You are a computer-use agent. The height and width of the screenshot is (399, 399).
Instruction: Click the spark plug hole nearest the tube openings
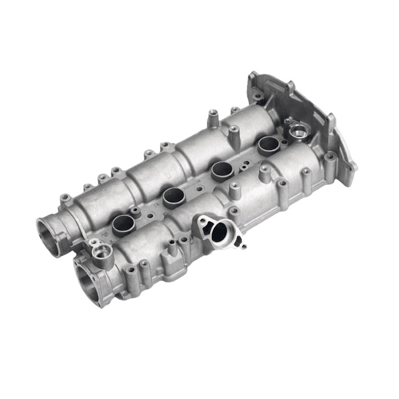[x=123, y=225]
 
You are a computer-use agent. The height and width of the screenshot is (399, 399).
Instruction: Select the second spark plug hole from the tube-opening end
[x=173, y=197]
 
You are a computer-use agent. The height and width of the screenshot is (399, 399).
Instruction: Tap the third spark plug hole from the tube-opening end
[x=221, y=169]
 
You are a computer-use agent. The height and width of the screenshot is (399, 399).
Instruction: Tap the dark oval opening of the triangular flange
[x=219, y=231]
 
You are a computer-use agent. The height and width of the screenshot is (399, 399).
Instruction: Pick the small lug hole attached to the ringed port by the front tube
[x=92, y=242]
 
